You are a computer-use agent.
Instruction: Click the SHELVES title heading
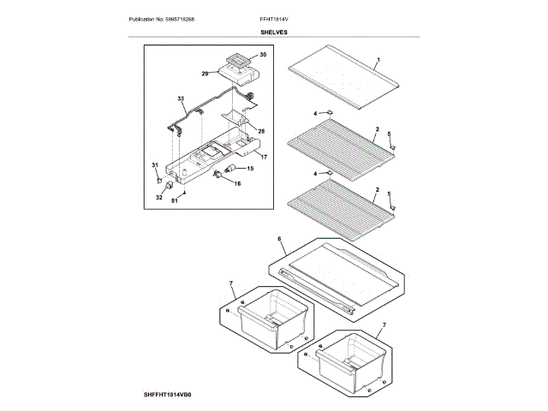point(274,33)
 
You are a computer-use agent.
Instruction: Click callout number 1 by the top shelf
point(378,61)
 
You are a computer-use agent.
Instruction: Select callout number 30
point(263,55)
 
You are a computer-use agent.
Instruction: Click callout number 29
point(205,74)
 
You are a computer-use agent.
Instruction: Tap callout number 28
point(261,131)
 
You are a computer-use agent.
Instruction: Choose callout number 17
point(264,157)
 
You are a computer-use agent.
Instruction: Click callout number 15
point(250,170)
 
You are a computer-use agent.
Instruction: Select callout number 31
point(155,164)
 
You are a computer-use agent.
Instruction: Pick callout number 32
point(158,197)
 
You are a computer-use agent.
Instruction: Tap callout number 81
point(174,201)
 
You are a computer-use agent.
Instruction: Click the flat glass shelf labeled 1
point(342,83)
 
